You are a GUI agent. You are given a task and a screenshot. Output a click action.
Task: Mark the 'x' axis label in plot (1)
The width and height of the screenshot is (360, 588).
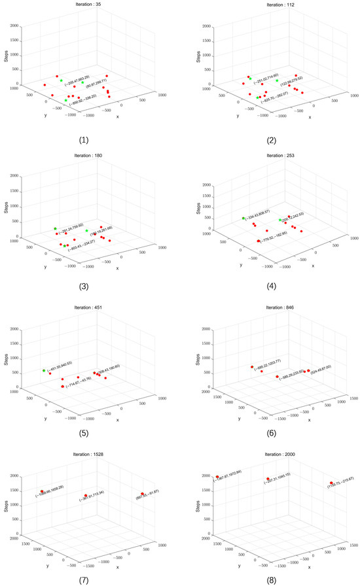[117, 117]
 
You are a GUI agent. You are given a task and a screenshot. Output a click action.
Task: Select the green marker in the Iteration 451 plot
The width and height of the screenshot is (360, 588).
[44, 370]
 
